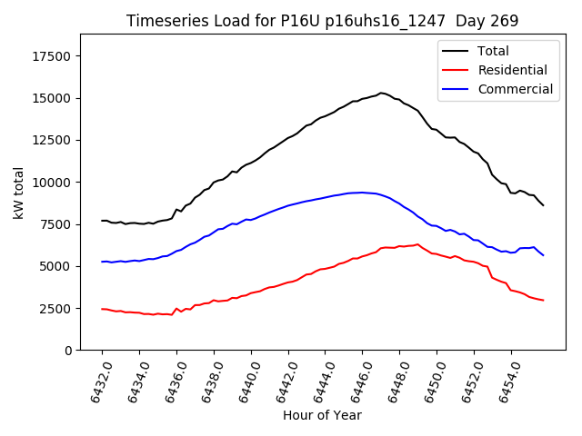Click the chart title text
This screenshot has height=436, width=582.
coord(321,21)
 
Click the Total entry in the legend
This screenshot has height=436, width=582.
coord(493,51)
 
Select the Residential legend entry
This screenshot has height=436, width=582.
coord(512,70)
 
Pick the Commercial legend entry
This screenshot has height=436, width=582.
coord(515,89)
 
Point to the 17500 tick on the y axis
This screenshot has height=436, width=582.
coord(51,56)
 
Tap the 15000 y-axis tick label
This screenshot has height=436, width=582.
coord(51,98)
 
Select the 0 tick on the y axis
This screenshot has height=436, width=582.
coord(67,351)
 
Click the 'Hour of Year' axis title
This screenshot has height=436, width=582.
coord(322,415)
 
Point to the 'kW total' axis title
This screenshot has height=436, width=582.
coord(19,193)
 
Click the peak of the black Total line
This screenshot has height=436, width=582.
coord(381,93)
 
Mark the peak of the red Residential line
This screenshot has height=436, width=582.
coord(418,243)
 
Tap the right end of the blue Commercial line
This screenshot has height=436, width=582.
coord(544,255)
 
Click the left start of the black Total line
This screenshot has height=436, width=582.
coord(102,221)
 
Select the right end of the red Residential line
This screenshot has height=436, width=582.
coord(544,301)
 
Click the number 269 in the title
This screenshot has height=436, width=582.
coord(504,21)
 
